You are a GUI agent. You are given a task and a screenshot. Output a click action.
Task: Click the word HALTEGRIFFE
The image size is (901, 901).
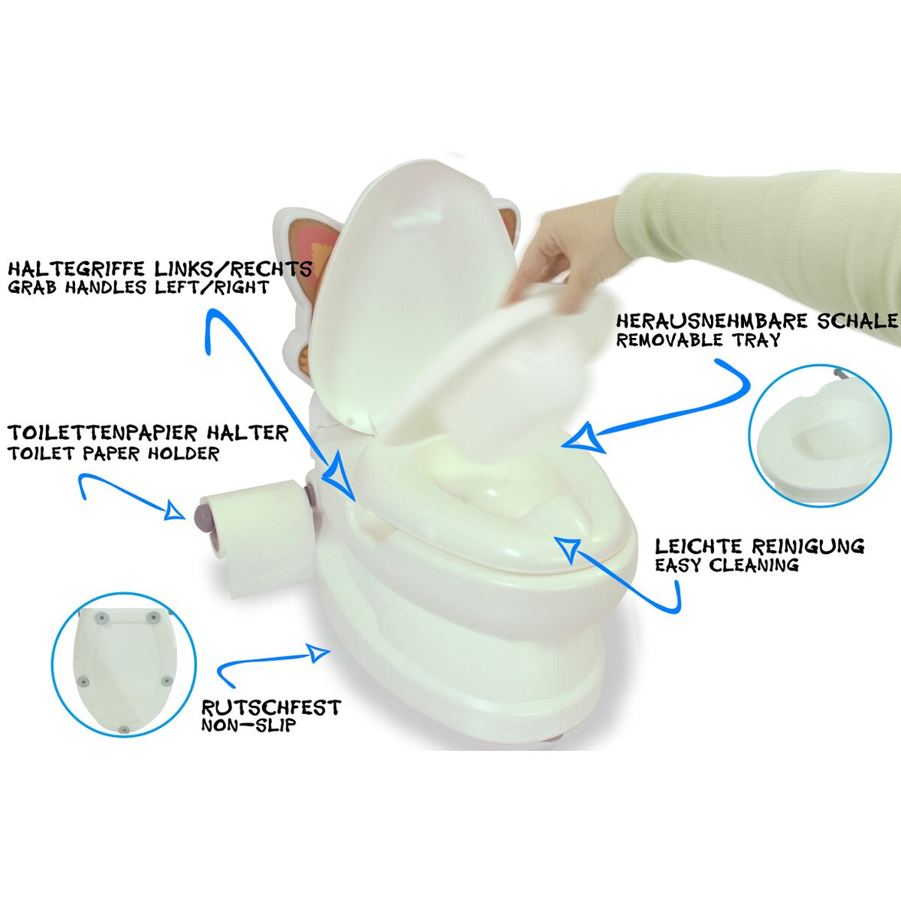[x=77, y=268]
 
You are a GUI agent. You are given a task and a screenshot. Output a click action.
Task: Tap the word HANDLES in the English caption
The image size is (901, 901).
[x=107, y=287]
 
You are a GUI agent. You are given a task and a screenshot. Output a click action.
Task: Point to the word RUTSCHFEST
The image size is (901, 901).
[x=270, y=707]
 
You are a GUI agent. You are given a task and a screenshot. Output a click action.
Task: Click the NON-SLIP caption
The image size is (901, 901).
[x=248, y=725]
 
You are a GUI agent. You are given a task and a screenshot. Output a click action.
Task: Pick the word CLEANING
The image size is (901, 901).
[x=753, y=565]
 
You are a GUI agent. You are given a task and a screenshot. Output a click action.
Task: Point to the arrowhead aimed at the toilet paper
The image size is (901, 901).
[x=175, y=509]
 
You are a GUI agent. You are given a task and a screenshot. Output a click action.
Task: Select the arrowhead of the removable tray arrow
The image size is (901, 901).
[x=582, y=440]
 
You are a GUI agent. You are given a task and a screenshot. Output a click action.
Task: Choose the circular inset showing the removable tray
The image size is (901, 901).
[x=821, y=435]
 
